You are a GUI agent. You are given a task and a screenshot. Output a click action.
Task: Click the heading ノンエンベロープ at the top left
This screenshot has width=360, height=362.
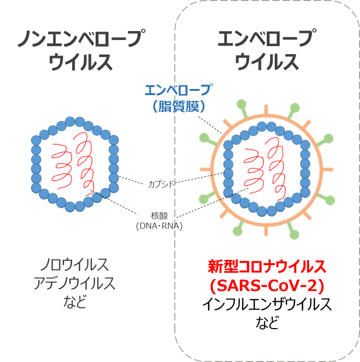coord(82,38)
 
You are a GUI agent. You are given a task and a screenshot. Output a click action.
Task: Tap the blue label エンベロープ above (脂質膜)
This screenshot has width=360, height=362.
coord(179,90)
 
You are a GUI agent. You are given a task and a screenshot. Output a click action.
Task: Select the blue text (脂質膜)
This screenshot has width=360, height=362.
coord(179,106)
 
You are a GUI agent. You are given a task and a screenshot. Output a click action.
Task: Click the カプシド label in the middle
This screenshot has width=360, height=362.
coord(161,184)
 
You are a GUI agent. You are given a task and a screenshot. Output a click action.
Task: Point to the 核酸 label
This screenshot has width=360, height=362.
coord(159,216)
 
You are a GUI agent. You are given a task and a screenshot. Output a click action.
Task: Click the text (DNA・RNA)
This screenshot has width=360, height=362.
coord(159,226)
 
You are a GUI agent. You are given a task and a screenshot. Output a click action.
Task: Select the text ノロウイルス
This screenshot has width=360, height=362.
coord(74,265)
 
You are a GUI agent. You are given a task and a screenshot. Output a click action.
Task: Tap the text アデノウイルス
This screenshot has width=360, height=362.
coord(74,283)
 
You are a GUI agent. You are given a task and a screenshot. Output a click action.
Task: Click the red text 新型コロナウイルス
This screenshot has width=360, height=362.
coord(267,266)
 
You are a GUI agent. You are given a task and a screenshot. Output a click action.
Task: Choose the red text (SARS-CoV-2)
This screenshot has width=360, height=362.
coord(267,286)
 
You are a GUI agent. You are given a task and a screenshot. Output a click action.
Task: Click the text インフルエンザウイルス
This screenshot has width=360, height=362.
coord(267,304)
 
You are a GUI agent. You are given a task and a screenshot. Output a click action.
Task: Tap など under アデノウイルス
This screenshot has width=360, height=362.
coord(75,302)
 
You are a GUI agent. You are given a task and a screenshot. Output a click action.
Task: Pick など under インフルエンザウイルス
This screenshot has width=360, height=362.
coord(267,322)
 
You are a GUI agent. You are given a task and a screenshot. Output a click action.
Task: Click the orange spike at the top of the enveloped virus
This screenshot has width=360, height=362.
coord(266,110)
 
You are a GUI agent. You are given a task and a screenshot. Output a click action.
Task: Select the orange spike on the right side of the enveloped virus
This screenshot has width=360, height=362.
coord(327,169)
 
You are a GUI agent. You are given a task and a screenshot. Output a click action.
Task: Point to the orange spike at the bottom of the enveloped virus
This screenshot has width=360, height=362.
coord(266,230)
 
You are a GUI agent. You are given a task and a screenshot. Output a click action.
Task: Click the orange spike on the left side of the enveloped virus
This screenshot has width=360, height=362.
coord(205,169)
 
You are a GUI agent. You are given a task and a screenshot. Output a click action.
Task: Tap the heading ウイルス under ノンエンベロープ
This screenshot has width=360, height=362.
coord(81,62)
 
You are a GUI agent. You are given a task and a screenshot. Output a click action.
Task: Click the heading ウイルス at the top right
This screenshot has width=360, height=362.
coord(267,61)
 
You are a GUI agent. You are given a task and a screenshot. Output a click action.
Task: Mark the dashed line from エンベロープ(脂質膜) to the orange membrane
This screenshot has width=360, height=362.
coord(210,125)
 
